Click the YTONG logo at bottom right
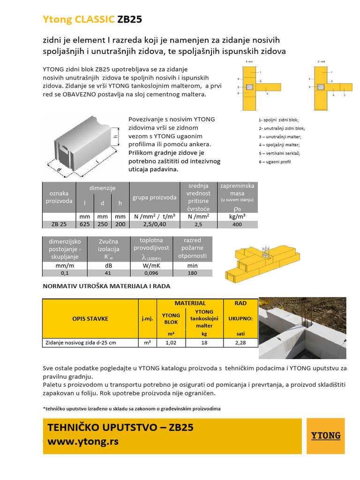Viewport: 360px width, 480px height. tap(326, 436)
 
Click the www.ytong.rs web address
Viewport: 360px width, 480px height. tap(83, 442)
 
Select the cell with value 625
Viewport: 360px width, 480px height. tap(85, 224)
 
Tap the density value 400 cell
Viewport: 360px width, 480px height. tap(237, 224)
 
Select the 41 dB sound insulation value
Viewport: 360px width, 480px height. tap(108, 273)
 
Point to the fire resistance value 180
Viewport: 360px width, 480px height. tap(192, 273)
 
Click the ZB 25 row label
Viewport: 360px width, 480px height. tap(59, 224)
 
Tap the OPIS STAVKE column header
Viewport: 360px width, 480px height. tap(90, 319)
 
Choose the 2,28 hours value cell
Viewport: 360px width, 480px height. tap(240, 343)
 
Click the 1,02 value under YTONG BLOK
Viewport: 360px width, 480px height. tap(171, 343)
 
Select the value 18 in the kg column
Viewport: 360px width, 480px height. tap(204, 343)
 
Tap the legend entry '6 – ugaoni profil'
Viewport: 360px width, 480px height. tap(275, 162)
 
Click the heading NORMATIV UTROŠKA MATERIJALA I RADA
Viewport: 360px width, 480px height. tap(106, 286)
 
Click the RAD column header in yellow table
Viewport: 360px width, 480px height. tap(240, 303)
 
